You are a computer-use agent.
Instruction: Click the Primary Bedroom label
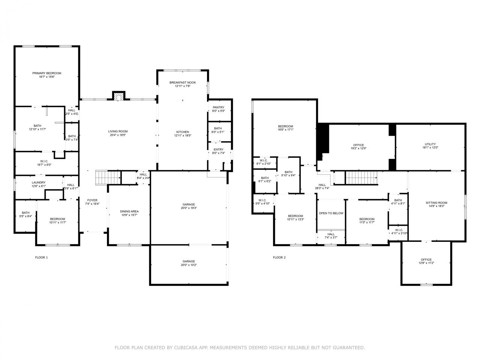47,73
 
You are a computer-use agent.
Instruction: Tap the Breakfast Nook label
183,82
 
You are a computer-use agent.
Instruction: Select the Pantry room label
219,107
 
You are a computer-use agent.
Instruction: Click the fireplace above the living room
119,96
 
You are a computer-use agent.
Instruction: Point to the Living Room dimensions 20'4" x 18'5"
118,135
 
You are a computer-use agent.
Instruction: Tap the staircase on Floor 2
361,178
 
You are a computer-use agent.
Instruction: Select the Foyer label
92,200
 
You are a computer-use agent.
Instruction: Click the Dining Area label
129,211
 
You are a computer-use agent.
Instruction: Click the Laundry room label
39,183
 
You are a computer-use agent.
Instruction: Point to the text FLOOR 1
41,258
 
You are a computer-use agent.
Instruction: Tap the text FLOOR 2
279,258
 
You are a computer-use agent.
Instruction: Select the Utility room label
430,144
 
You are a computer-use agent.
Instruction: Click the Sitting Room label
436,203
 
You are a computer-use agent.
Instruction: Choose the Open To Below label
331,213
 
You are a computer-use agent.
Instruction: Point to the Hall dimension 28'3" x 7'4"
322,188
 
